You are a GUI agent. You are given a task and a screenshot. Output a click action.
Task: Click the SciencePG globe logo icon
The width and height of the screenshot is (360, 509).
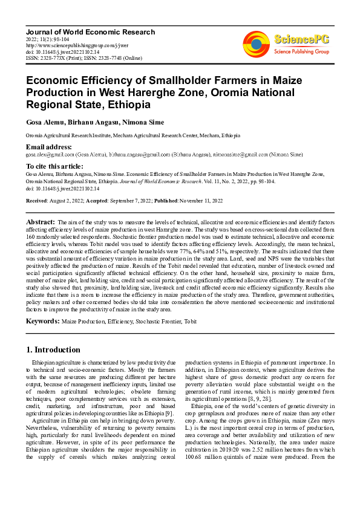(256, 44)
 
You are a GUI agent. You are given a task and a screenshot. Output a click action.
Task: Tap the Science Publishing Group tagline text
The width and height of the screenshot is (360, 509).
(301, 52)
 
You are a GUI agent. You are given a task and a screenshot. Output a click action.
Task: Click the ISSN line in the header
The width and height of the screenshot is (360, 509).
(83, 58)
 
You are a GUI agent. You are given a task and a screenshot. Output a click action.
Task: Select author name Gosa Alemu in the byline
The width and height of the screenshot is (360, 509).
(47, 122)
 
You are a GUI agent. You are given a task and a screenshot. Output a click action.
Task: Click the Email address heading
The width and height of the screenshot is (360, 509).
(48, 148)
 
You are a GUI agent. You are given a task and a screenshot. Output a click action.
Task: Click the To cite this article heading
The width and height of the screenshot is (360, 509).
(54, 166)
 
